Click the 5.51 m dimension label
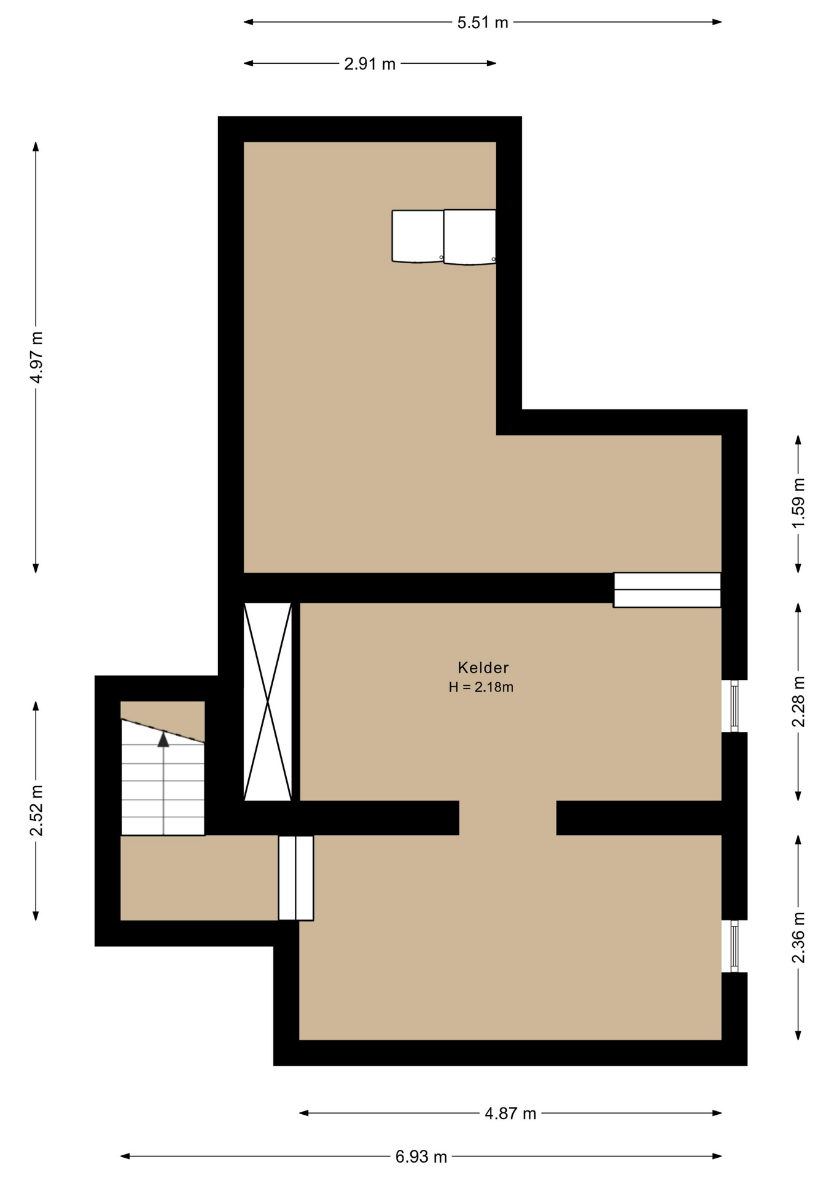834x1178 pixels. pyautogui.click(x=483, y=23)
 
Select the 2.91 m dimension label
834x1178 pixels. pyautogui.click(x=370, y=64)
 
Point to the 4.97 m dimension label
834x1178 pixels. pyautogui.click(x=36, y=357)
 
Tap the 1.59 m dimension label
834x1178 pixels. pyautogui.click(x=798, y=503)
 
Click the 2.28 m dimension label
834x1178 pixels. pyautogui.click(x=798, y=701)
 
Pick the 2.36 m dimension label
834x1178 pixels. pyautogui.click(x=798, y=937)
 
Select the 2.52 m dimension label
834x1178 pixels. pyautogui.click(x=36, y=810)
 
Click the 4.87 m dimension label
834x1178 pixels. pyautogui.click(x=510, y=1114)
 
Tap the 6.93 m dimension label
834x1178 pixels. pyautogui.click(x=421, y=1157)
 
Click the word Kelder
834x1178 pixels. pyautogui.click(x=483, y=668)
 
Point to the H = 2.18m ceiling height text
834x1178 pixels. pyautogui.click(x=481, y=687)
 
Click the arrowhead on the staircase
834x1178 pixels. pyautogui.click(x=163, y=739)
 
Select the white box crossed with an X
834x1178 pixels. pyautogui.click(x=268, y=701)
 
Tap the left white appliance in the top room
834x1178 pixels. pyautogui.click(x=418, y=236)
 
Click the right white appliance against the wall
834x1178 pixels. pyautogui.click(x=470, y=237)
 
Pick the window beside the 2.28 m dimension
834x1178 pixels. pyautogui.click(x=734, y=706)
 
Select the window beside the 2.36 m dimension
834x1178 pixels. pyautogui.click(x=734, y=946)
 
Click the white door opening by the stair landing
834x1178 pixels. pyautogui.click(x=296, y=877)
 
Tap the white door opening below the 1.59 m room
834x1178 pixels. pyautogui.click(x=667, y=590)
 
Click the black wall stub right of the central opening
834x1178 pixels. pyautogui.click(x=639, y=818)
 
